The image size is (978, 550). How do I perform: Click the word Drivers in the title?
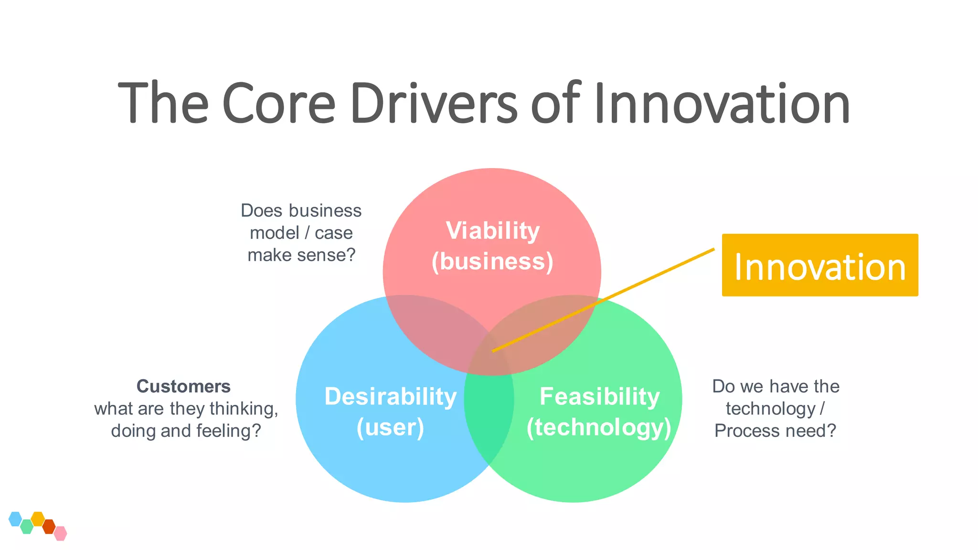(x=434, y=103)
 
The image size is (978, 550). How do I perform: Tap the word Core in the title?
(x=278, y=103)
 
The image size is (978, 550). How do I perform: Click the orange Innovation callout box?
(x=819, y=265)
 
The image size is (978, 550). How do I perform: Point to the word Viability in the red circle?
(x=492, y=231)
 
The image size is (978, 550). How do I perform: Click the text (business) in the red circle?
(x=492, y=262)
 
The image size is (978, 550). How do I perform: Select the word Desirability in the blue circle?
(x=390, y=396)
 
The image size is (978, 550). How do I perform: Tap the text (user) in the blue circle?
(x=390, y=427)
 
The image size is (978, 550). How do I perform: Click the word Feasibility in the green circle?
(x=599, y=396)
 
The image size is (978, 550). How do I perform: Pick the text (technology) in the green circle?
(x=599, y=427)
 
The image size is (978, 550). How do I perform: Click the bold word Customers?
(x=183, y=386)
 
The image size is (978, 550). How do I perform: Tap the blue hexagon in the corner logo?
(x=15, y=518)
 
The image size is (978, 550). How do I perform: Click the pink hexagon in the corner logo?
(x=60, y=533)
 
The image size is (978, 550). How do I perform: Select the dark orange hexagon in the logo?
(x=49, y=527)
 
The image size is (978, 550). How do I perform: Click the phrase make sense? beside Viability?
(x=301, y=255)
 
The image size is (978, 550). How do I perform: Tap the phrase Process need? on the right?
(x=775, y=431)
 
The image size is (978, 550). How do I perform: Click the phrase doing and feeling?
(x=186, y=431)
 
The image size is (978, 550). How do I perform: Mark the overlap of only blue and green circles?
(x=488, y=420)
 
